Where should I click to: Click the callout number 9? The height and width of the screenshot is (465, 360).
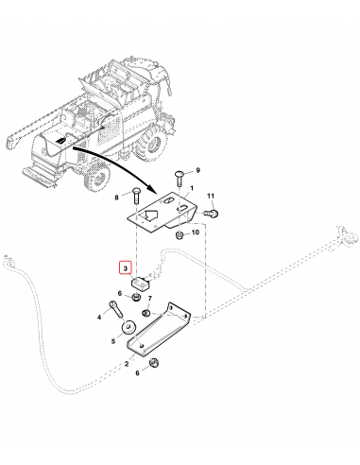click(198, 170)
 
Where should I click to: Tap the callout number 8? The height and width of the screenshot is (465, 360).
click(118, 197)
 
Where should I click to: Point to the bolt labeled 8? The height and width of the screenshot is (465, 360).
click(136, 198)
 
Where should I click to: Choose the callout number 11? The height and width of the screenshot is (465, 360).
click(212, 197)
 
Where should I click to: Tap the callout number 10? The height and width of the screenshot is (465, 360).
click(195, 232)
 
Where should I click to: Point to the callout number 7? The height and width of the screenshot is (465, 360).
click(148, 298)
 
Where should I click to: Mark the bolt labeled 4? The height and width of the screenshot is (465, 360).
click(116, 309)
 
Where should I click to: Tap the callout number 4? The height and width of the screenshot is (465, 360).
click(98, 319)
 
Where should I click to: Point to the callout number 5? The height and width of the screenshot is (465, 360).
click(111, 340)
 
